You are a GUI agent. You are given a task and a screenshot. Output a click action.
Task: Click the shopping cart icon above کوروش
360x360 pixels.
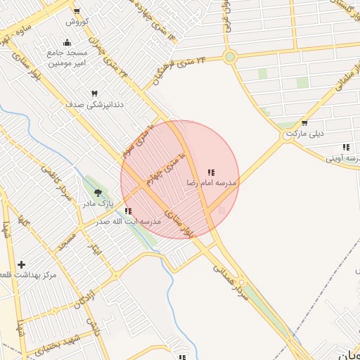(77, 12)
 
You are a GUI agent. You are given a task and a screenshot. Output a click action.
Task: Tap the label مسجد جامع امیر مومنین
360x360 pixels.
(67, 58)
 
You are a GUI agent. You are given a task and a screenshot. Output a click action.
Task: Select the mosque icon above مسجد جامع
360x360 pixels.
(67, 42)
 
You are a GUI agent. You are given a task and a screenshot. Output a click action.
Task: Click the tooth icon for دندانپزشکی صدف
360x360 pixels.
(94, 94)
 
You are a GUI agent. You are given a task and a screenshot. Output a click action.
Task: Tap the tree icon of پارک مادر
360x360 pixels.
(98, 193)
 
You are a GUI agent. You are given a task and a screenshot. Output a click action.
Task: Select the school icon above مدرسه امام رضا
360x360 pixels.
(211, 172)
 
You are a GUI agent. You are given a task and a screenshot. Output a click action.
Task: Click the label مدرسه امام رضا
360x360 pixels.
(211, 183)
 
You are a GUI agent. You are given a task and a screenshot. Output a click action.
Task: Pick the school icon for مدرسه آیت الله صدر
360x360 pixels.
(127, 211)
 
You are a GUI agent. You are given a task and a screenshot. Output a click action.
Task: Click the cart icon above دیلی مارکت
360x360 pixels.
(304, 123)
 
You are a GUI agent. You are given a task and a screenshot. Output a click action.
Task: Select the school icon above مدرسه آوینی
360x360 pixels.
(345, 147)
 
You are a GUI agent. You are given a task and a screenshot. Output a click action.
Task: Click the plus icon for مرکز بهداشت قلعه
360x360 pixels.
(22, 265)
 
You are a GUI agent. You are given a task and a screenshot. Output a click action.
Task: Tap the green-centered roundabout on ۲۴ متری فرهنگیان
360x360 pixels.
(230, 57)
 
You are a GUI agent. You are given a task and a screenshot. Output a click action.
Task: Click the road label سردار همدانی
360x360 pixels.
(232, 279)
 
